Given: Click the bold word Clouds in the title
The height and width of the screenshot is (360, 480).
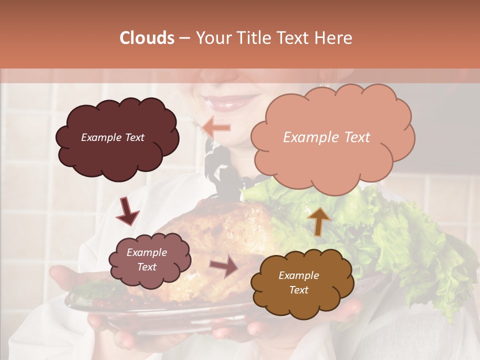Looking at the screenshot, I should point(147,38).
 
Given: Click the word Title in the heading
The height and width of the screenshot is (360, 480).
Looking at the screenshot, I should point(252,38).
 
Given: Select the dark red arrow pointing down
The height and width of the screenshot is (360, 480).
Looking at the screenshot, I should point(127,211).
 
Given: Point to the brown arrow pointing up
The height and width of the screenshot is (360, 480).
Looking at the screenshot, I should point(319,221).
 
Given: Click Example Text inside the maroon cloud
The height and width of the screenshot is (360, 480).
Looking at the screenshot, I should point(112,137).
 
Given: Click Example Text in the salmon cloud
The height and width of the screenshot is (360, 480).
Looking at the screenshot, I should point(326,137).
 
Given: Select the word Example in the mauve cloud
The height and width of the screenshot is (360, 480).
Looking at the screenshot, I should point(147,252).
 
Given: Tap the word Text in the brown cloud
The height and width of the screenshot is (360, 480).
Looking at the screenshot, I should point(299,290).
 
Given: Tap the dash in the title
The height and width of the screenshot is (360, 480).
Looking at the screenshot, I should point(183,38).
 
